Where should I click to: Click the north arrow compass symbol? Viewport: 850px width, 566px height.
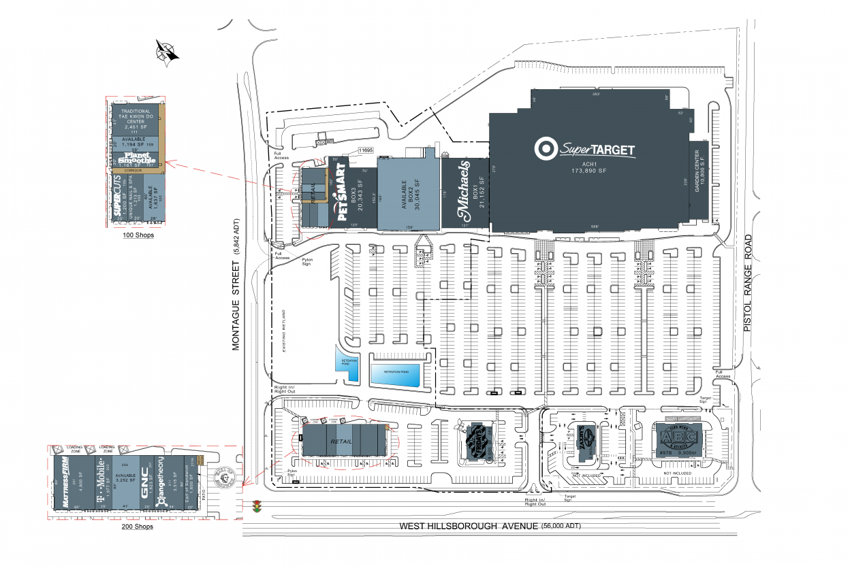click(x=166, y=52)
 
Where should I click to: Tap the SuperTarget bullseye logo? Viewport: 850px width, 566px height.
click(x=544, y=148)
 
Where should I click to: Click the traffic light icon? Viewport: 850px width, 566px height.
click(x=257, y=506)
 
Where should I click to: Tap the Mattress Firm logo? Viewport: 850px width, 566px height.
click(x=67, y=484)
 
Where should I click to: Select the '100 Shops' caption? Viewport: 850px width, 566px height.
click(x=138, y=235)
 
